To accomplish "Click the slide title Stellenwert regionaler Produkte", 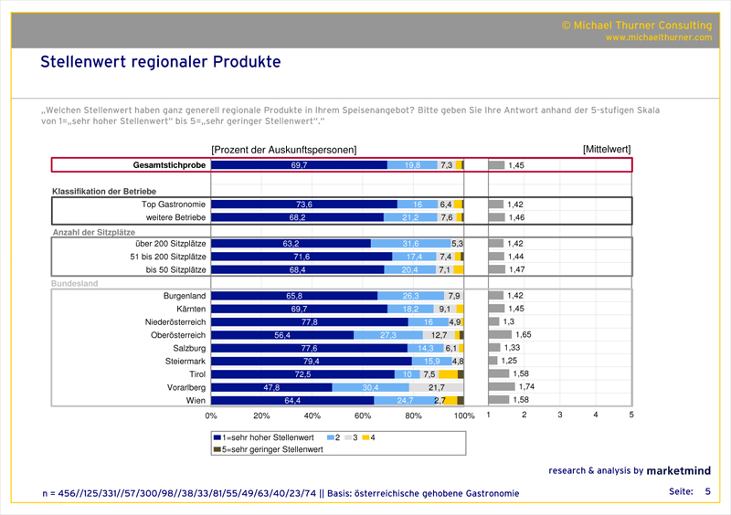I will (160, 62).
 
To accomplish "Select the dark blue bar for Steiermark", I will (311, 361).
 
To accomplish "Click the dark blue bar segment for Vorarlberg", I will (271, 386).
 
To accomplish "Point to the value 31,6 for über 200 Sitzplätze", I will (411, 244).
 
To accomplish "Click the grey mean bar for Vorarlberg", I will (502, 386).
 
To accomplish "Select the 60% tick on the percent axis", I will (363, 415).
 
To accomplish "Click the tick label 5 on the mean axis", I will (631, 415).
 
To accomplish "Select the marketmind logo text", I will (680, 471).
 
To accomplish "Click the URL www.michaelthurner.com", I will (657, 37).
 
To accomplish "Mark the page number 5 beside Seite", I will (706, 492).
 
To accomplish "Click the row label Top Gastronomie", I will (175, 205).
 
